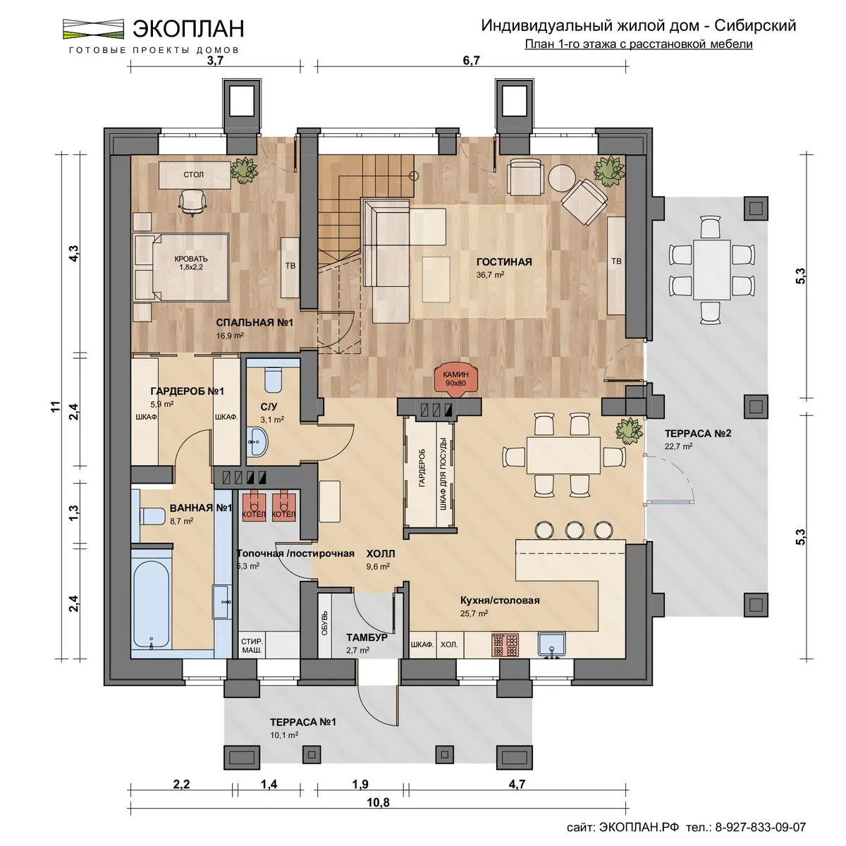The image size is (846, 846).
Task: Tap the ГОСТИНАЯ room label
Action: pyautogui.click(x=504, y=262)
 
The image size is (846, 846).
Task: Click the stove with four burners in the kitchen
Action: pyautogui.click(x=505, y=644)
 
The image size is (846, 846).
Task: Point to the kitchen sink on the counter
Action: pyautogui.click(x=552, y=644)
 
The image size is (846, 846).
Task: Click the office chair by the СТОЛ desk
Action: pyautogui.click(x=192, y=202)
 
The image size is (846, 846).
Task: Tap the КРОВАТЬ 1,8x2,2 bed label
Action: pyautogui.click(x=191, y=263)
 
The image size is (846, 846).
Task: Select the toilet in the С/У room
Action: pyautogui.click(x=273, y=380)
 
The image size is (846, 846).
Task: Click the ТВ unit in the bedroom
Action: pyautogui.click(x=290, y=267)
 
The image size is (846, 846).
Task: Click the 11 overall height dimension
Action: pyautogui.click(x=55, y=406)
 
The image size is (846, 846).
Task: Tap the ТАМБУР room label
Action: pyautogui.click(x=367, y=637)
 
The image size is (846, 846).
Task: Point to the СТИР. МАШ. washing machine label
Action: pyautogui.click(x=252, y=646)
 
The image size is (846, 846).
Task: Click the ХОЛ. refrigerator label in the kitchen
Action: pyautogui.click(x=449, y=644)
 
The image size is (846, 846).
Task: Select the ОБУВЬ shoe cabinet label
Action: pyautogui.click(x=324, y=623)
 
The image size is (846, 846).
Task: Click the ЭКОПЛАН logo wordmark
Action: pyautogui.click(x=188, y=28)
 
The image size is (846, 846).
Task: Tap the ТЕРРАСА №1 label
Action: pyautogui.click(x=303, y=722)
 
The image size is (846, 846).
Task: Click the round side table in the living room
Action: pyautogui.click(x=562, y=178)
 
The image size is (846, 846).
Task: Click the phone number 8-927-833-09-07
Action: pyautogui.click(x=761, y=828)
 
